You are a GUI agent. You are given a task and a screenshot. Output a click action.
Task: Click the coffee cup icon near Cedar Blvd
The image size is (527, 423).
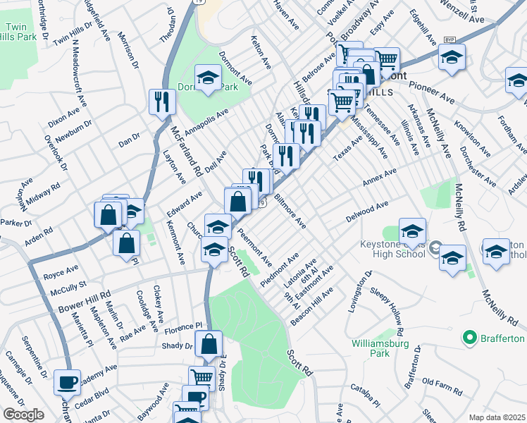tap(68, 383)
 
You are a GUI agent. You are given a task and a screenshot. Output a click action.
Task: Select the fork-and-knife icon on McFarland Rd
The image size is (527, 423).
tap(162, 102)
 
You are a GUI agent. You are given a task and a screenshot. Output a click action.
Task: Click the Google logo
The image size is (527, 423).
tap(23, 415)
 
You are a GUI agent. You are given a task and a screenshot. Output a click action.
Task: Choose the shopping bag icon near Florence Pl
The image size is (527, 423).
tap(209, 345)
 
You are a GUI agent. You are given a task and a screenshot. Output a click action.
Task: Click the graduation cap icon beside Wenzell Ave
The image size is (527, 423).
tap(451, 59)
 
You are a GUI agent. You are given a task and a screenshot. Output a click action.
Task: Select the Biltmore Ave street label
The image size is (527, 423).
tap(289, 211)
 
